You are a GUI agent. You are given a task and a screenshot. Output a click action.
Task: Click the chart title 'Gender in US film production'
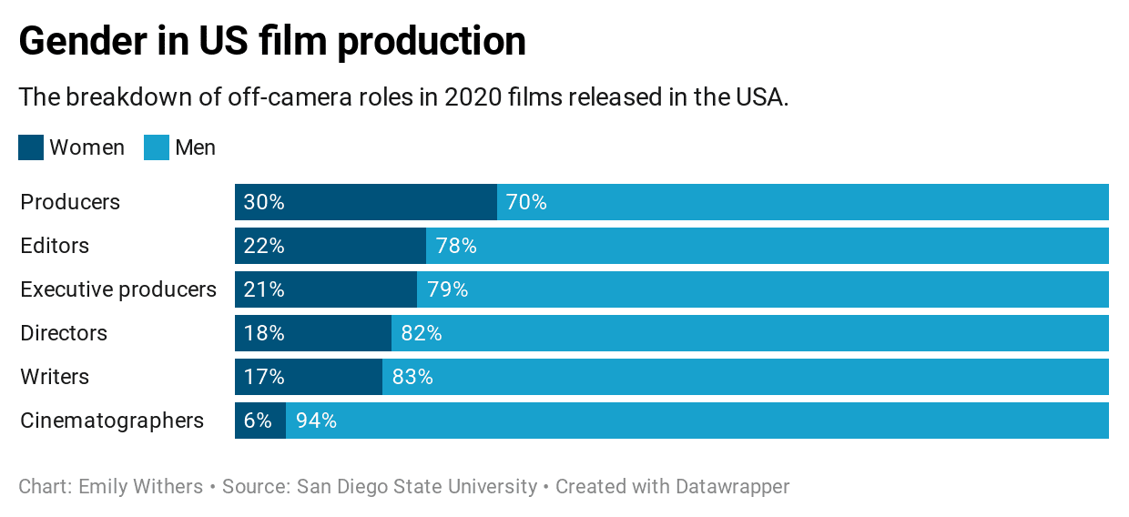click(272, 42)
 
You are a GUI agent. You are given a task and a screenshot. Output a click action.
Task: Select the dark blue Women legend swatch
click(31, 147)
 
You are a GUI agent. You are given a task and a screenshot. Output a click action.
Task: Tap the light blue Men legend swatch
click(157, 147)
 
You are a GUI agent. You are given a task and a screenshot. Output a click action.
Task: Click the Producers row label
click(70, 202)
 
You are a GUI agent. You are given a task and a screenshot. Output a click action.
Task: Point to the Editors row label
click(55, 246)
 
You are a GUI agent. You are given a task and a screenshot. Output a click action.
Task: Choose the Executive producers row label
click(118, 289)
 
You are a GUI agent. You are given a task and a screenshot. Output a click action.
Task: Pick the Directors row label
click(64, 333)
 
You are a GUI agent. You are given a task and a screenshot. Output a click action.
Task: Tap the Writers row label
click(55, 377)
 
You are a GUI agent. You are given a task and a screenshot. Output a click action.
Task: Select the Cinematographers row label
click(112, 421)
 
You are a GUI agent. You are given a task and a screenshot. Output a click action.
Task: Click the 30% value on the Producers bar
click(264, 202)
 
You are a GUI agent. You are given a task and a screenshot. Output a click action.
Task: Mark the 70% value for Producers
click(526, 202)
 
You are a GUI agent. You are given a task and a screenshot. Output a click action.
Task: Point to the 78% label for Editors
click(456, 246)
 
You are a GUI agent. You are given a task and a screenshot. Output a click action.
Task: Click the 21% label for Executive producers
click(264, 289)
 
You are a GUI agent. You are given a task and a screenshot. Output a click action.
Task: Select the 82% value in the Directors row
click(422, 333)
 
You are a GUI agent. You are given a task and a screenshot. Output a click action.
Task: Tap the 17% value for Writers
click(264, 377)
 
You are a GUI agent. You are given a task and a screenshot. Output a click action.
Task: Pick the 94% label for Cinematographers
click(316, 421)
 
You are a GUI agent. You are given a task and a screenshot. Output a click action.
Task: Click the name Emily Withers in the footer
click(141, 486)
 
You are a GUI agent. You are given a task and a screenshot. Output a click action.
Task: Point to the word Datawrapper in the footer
click(732, 486)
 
